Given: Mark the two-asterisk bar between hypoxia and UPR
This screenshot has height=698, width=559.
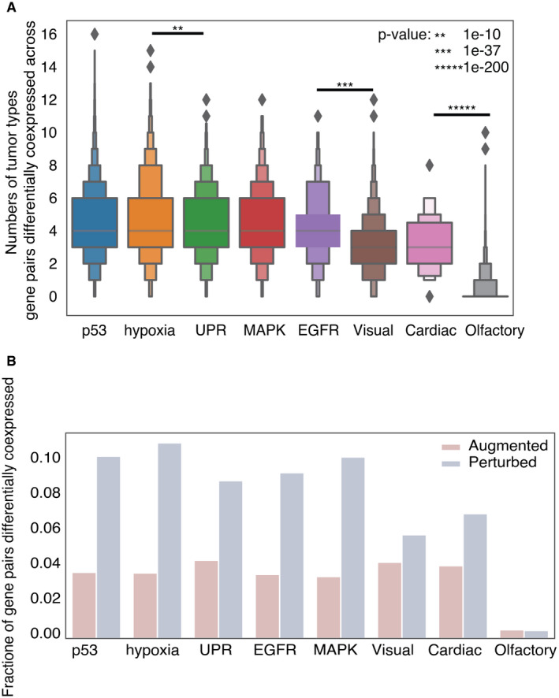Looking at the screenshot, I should click(x=177, y=32).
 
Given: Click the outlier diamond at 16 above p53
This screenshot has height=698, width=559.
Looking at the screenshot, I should click(x=95, y=34).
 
